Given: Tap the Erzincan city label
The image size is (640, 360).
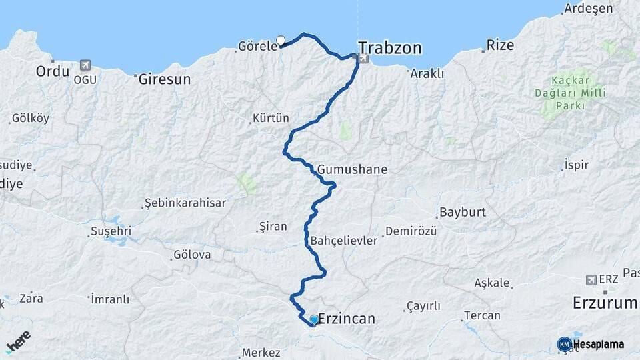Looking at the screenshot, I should (x=347, y=319).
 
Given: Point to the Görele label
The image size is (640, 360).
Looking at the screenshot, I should (x=257, y=47).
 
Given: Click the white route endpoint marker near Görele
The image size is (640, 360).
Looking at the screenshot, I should (x=281, y=40).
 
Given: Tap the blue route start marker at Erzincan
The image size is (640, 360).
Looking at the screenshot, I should (x=314, y=319).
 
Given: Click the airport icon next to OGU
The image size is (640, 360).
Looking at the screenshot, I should (x=85, y=65).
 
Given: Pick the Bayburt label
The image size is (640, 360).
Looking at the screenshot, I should (x=462, y=213).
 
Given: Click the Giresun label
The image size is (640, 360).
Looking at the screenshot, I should (x=164, y=79).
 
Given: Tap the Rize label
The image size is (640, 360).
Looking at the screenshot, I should (x=500, y=45).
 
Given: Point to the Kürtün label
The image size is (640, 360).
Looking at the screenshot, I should (x=271, y=119).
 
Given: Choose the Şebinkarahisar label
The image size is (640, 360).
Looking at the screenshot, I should (x=185, y=203).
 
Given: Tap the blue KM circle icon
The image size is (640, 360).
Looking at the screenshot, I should (x=565, y=344).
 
